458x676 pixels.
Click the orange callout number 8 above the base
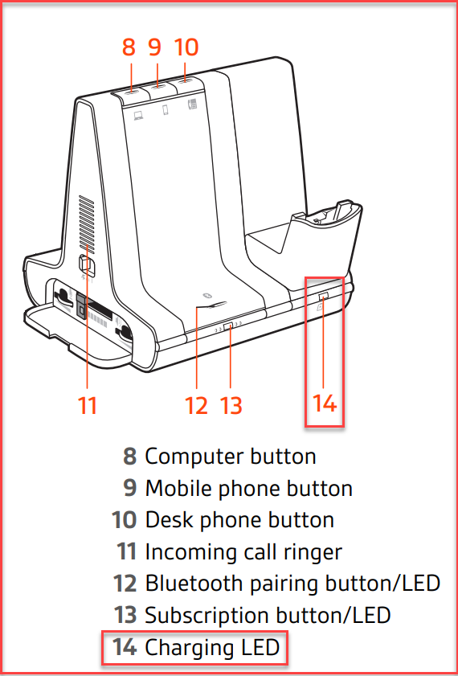(129, 47)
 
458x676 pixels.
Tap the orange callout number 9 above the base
(155, 47)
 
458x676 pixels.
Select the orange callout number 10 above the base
(186, 47)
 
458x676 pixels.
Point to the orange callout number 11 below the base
(88, 406)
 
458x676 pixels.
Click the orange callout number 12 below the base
(197, 406)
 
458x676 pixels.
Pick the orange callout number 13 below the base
(231, 406)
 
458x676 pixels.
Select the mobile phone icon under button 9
(166, 110)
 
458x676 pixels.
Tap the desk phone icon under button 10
(192, 104)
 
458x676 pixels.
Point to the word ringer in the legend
(315, 552)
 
